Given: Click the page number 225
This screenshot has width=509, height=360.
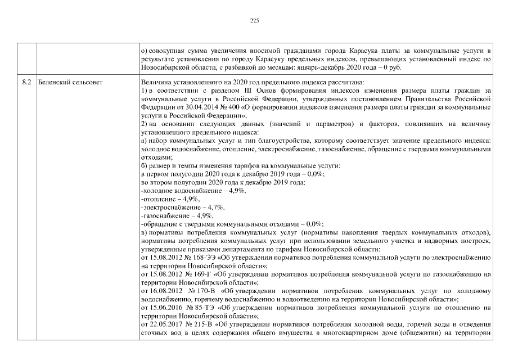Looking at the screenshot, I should pyautogui.click(x=254, y=20).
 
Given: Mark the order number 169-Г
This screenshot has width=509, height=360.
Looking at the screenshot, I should pyautogui.click(x=199, y=274).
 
